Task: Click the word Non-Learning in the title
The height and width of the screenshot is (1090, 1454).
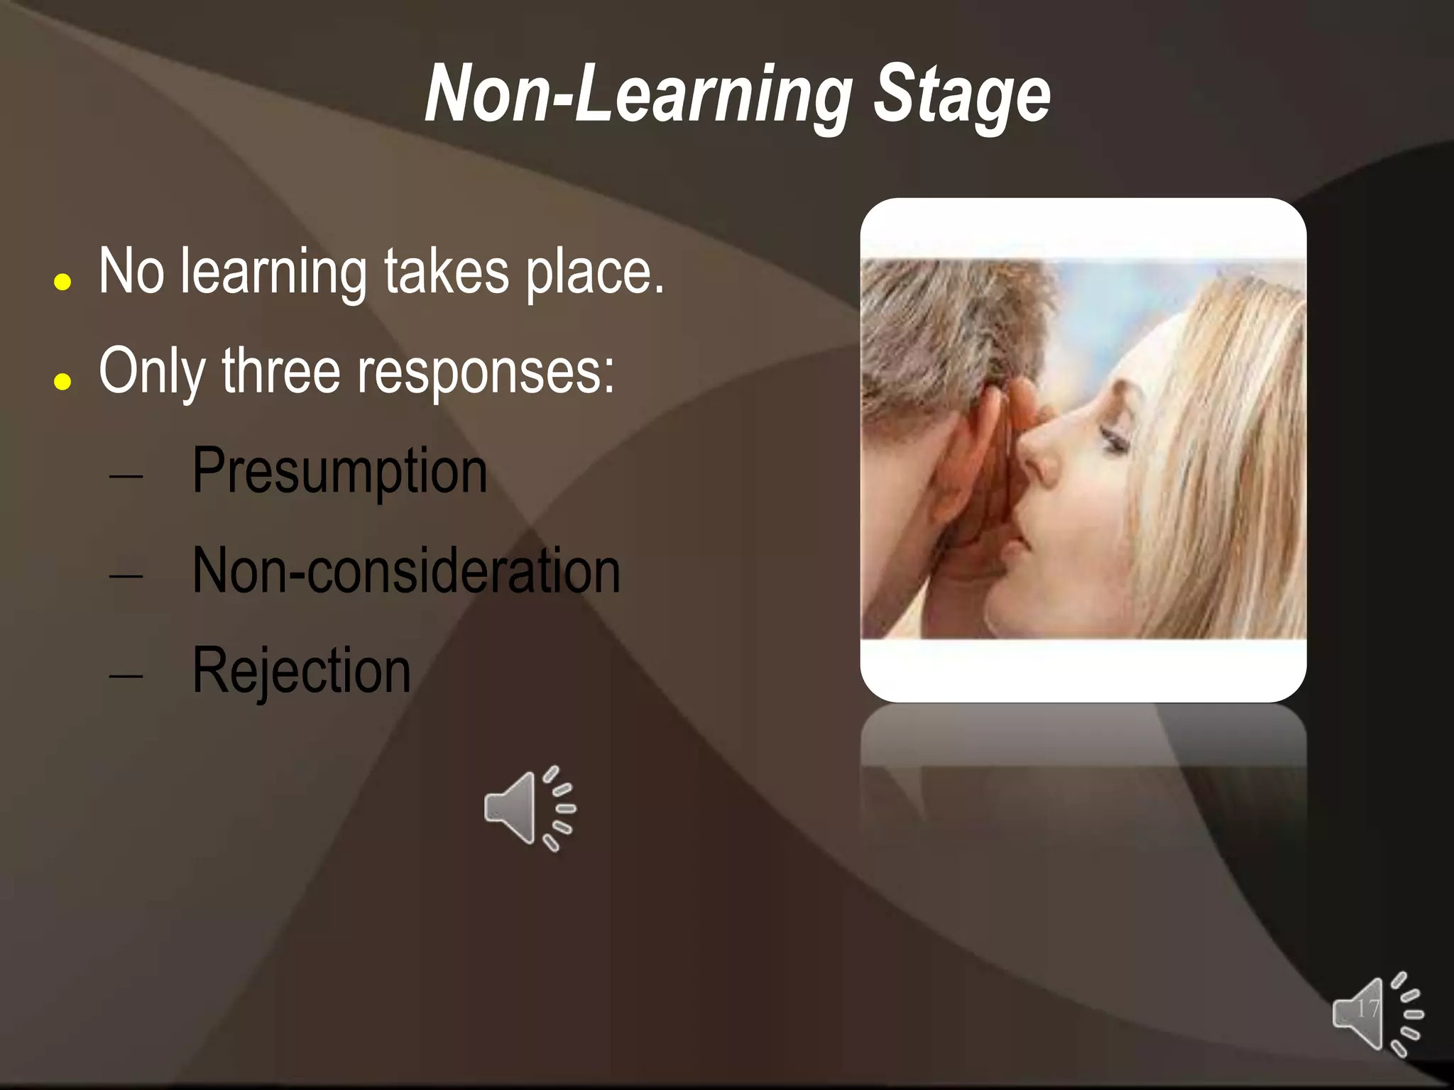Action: (638, 96)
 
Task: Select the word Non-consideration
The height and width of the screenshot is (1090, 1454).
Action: (406, 572)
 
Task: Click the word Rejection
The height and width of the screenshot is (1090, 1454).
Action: (301, 671)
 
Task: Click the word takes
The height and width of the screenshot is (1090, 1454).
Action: (447, 272)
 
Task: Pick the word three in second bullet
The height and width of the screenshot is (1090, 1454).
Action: (280, 371)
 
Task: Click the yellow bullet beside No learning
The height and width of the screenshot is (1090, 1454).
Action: (62, 282)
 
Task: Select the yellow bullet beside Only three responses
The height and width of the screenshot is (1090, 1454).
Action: (62, 382)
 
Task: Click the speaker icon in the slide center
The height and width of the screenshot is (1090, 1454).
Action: (529, 808)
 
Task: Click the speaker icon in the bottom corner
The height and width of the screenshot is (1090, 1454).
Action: (1377, 1014)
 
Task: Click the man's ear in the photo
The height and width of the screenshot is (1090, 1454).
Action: (983, 454)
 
